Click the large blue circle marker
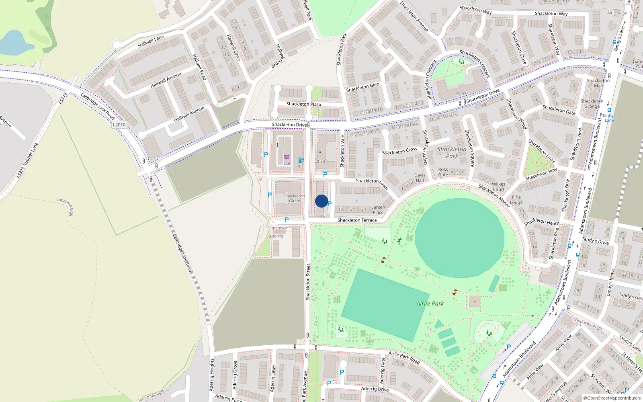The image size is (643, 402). (x=321, y=201)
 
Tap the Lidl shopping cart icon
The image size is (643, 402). (x=287, y=157)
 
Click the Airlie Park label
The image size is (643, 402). (x=430, y=304)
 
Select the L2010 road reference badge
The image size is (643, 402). (x=119, y=125)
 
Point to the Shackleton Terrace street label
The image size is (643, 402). (x=357, y=220)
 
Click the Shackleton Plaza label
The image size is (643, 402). (x=303, y=104)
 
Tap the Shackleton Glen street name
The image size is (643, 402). (x=362, y=87)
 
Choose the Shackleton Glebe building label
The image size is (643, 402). (x=295, y=199)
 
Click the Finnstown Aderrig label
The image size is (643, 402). (x=277, y=232)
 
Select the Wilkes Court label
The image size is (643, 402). (x=498, y=187)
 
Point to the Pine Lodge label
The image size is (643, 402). (x=516, y=200)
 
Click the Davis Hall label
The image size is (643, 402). (x=420, y=178)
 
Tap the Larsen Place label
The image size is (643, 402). (x=378, y=210)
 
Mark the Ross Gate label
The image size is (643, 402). (x=443, y=172)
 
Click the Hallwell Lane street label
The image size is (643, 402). (x=151, y=41)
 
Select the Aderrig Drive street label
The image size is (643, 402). (x=375, y=389)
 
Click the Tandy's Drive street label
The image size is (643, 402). (x=595, y=241)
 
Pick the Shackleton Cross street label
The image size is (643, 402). (x=399, y=151)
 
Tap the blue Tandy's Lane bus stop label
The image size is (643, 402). (x=609, y=118)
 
